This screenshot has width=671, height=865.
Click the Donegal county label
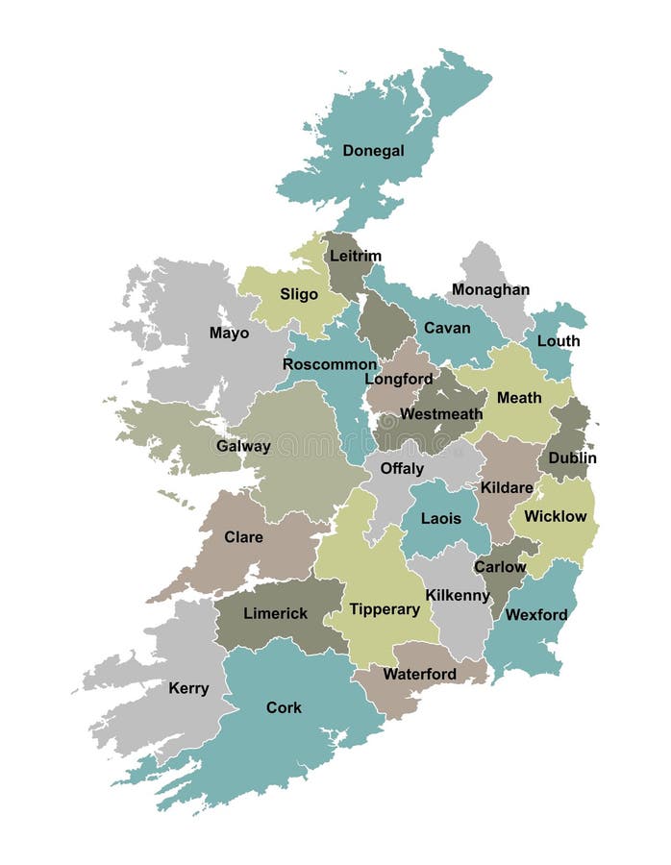point(373,151)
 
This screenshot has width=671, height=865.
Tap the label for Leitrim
point(356,256)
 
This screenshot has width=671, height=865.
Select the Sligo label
point(299,294)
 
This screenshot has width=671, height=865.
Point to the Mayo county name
point(229,334)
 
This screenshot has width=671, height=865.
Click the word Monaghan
point(490,289)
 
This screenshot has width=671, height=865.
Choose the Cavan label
point(447,328)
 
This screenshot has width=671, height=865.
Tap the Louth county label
point(559,341)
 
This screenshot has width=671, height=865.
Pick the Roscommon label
point(330,364)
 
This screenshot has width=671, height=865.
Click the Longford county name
point(399,379)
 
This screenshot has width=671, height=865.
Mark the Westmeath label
point(441,414)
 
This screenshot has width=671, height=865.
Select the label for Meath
point(519,397)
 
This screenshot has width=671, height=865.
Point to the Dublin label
point(572,458)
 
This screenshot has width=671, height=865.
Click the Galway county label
point(243,446)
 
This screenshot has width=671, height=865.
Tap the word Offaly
point(402,469)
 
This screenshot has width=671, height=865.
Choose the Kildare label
point(507,487)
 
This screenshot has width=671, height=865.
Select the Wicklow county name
point(555,516)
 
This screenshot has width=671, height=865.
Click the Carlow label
point(500,566)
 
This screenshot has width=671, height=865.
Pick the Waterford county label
point(419,674)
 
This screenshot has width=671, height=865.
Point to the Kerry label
point(188,688)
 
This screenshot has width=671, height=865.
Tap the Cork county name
point(284,707)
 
